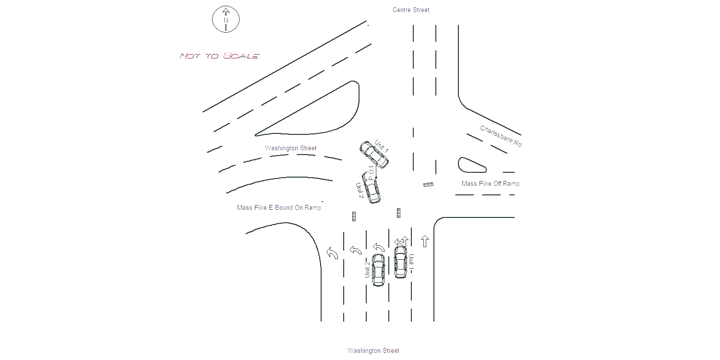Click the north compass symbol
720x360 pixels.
(226, 19)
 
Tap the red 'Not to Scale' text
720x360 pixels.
(219, 56)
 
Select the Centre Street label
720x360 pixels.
(411, 10)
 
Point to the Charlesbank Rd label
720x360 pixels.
(501, 136)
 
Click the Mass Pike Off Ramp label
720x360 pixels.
(491, 183)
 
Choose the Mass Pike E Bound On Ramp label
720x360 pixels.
(279, 208)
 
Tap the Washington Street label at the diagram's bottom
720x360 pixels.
(373, 351)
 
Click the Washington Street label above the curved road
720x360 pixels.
(290, 148)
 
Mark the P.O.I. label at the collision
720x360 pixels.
(371, 173)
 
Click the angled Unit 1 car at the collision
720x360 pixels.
(374, 155)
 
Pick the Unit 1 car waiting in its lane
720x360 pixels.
(400, 262)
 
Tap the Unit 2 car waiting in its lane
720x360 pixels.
(378, 270)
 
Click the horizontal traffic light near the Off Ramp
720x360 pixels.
(429, 184)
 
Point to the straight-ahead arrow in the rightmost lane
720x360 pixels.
(425, 241)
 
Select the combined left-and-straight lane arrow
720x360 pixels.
(401, 241)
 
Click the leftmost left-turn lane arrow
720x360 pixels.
(332, 253)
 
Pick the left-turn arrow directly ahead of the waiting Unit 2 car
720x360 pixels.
(379, 247)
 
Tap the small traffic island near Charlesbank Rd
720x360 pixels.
(471, 165)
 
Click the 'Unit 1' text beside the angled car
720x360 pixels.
(382, 146)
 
